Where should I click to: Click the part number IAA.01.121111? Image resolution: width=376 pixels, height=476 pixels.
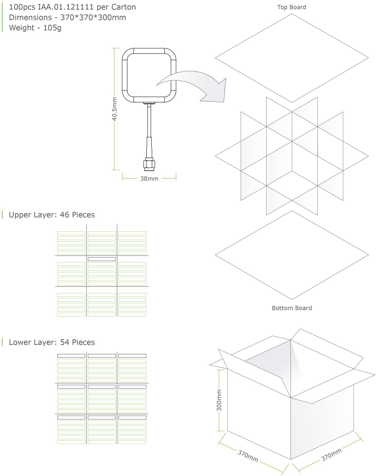point(66,7)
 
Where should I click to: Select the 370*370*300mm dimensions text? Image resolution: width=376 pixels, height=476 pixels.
point(93,17)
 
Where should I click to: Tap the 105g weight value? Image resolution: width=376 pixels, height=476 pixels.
point(52,28)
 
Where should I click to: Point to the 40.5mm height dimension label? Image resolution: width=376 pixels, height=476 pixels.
point(115,109)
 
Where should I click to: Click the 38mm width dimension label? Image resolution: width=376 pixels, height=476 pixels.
point(149,178)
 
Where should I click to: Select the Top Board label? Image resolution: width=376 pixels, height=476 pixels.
point(292,7)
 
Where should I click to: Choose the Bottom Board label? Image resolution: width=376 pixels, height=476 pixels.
point(292,308)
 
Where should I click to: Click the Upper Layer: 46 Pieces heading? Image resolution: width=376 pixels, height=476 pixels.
point(52,215)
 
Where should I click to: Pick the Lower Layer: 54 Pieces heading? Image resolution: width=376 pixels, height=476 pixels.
point(52,342)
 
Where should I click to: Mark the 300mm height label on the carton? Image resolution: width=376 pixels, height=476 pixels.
point(219,400)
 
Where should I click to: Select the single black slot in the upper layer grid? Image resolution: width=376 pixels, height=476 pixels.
point(102,259)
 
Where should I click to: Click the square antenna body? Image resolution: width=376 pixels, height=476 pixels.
point(149,75)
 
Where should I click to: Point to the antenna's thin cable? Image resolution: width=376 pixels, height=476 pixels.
point(149,121)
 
